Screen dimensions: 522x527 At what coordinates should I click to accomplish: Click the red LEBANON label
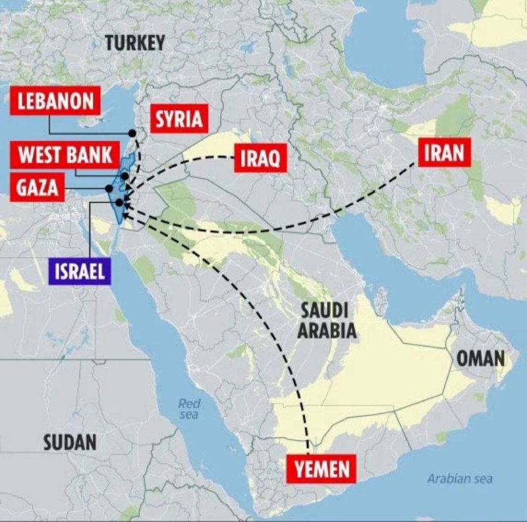click(x=55, y=101)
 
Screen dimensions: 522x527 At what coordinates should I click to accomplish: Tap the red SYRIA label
click(x=177, y=120)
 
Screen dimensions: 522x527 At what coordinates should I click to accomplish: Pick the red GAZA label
click(x=37, y=188)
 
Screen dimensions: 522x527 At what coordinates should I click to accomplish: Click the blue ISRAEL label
click(x=80, y=271)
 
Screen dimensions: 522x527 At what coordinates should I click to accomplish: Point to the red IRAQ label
click(x=260, y=158)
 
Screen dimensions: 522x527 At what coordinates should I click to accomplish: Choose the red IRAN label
click(x=443, y=153)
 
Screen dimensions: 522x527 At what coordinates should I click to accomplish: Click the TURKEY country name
click(x=134, y=43)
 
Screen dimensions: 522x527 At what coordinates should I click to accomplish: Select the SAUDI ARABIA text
click(x=327, y=320)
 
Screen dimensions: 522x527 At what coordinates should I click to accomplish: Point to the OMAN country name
click(x=480, y=359)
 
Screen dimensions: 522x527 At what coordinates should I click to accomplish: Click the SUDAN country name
click(x=70, y=442)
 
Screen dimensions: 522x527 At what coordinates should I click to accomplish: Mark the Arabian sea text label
click(x=459, y=478)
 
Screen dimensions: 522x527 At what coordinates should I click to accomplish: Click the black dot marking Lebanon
click(x=132, y=133)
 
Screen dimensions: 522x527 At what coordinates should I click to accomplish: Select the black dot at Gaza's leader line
click(x=109, y=188)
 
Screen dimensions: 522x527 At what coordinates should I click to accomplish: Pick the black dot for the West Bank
click(x=125, y=177)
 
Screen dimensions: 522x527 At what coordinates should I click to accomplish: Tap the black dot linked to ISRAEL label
click(x=119, y=202)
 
